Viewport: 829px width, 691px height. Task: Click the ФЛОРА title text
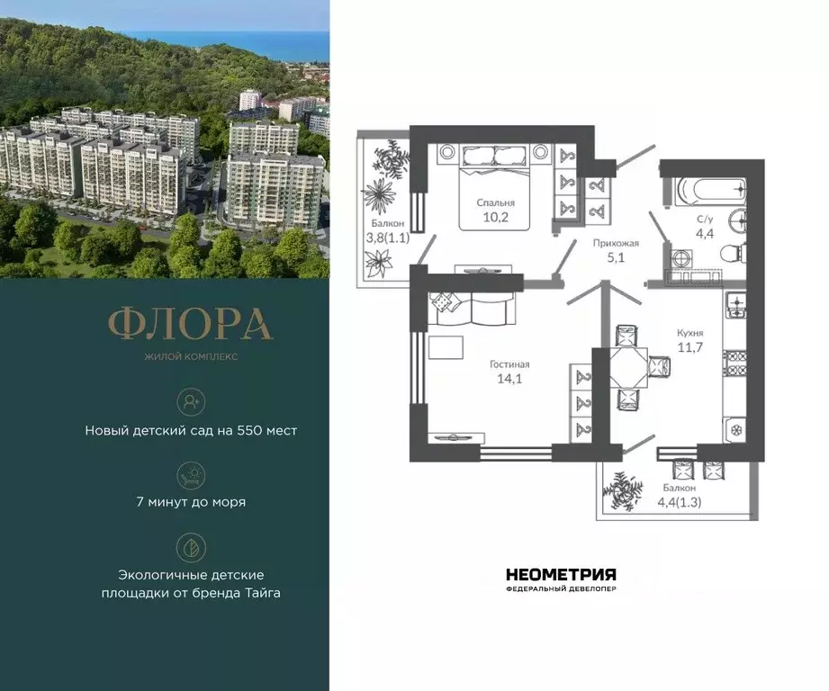pos(190,325)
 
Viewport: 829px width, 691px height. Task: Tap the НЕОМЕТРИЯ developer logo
pos(561,575)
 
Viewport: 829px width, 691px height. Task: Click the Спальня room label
pos(496,202)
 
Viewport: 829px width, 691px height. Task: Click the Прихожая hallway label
pos(616,242)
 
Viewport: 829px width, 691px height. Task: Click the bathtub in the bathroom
pos(710,191)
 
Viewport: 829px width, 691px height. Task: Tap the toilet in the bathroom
pos(735,251)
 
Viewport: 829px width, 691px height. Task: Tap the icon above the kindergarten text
pos(191,399)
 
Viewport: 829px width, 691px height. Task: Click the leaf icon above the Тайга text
pos(191,546)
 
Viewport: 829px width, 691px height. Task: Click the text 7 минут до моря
pos(191,502)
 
